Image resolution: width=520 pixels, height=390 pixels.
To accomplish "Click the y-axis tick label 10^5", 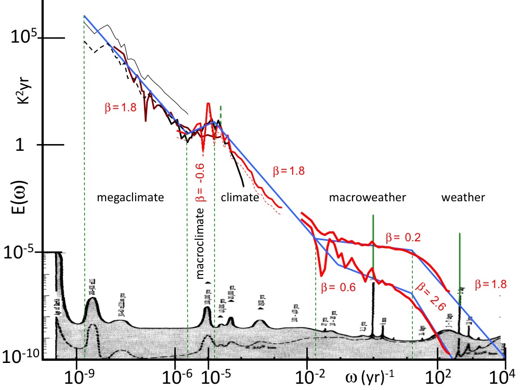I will pyautogui.click(x=27, y=38).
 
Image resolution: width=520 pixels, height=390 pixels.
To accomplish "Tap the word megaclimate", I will pyautogui.click(x=130, y=198).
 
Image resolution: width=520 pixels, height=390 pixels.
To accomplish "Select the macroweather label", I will pyautogui.click(x=367, y=198).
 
